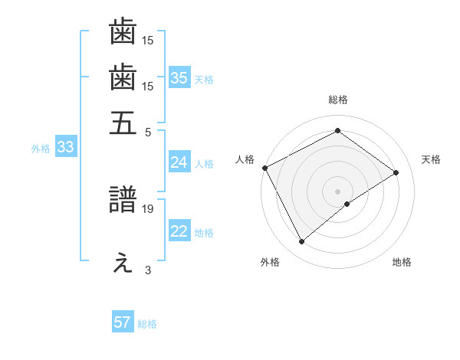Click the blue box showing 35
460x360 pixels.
179,77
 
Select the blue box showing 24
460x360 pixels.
179,162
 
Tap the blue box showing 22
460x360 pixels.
179,231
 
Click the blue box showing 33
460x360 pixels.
65,148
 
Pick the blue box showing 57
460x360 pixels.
123,322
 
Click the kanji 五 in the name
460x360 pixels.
123,123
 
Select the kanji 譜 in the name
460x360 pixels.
123,201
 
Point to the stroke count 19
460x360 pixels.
148,208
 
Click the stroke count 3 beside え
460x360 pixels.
148,269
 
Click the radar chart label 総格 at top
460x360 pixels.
338,100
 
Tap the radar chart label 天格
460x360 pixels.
431,159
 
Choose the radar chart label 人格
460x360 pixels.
245,159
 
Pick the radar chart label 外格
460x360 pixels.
270,263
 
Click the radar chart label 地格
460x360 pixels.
402,263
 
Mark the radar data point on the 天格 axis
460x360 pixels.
396,172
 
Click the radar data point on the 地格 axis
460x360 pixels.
347,204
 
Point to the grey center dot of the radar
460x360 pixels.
338,191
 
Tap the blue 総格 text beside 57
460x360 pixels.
147,324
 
